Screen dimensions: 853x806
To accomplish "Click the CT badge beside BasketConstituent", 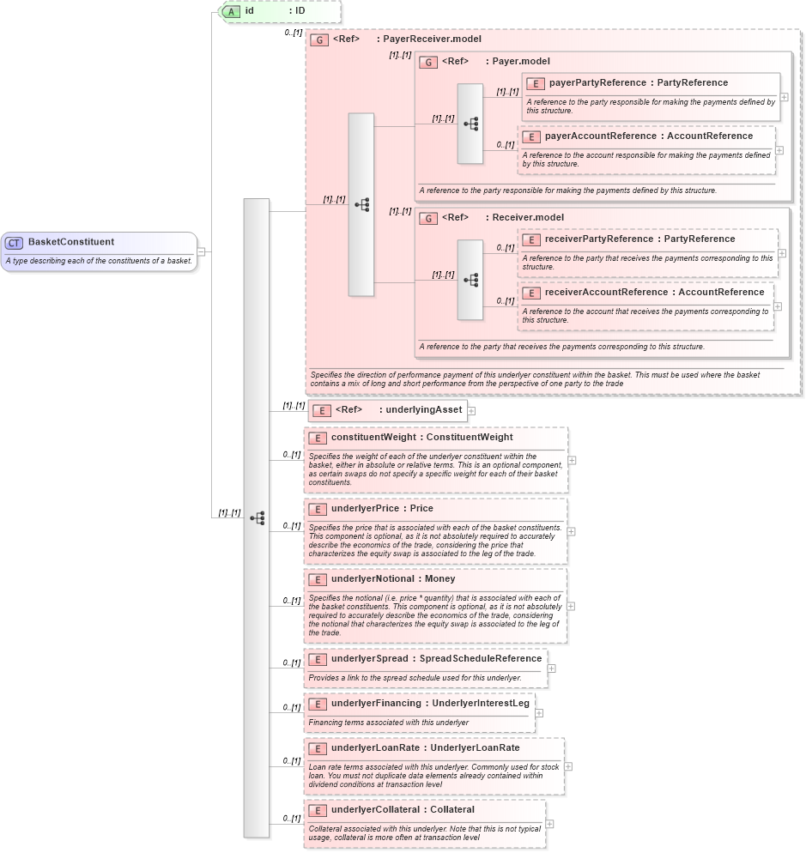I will (15, 242).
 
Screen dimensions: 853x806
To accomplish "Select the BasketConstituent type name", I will (71, 242).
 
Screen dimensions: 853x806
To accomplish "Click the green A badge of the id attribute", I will (231, 11).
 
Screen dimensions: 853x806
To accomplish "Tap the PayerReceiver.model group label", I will (407, 39).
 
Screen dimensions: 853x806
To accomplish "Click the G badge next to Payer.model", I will (428, 62).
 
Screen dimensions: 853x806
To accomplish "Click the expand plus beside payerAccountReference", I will (779, 149).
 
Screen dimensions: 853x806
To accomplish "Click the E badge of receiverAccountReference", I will (531, 293).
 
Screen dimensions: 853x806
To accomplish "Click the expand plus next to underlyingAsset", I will (471, 410).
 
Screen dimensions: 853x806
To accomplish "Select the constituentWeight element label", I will (421, 437).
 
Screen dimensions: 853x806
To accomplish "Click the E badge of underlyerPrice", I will (318, 509).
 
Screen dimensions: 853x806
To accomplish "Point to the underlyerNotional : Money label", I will (393, 579).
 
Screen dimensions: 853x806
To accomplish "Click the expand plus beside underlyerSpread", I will (551, 668).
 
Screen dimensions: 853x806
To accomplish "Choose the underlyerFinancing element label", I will (429, 704).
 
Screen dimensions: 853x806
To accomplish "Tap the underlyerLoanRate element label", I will (425, 747).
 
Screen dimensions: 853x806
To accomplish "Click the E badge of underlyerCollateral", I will (318, 810).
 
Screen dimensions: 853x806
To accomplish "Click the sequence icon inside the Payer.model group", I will (470, 124).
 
